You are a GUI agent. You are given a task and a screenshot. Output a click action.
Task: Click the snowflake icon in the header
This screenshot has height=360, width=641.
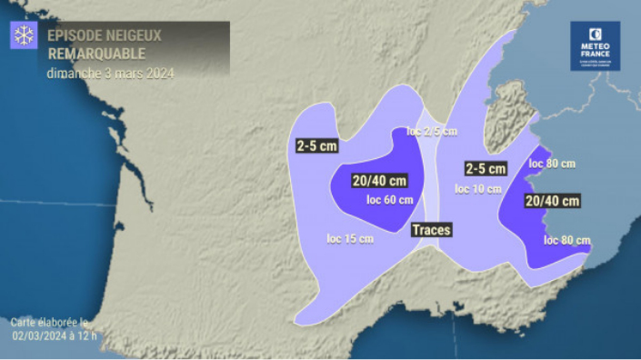tap(24, 36)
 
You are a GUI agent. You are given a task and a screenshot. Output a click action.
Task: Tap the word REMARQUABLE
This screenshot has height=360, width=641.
tap(96, 54)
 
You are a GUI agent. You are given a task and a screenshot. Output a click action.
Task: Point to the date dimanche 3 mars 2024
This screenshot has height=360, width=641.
tap(109, 73)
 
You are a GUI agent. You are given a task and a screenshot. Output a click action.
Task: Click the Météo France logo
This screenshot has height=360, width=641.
tap(595, 46)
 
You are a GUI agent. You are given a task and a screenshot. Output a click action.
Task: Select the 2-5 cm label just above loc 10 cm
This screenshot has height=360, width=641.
tap(485, 169)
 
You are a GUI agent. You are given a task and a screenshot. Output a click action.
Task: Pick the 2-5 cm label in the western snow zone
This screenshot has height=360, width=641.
tap(316, 145)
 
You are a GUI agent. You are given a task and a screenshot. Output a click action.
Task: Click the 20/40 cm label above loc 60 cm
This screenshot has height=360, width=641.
tap(380, 180)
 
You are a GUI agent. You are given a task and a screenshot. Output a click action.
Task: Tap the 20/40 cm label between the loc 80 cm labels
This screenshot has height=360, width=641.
tap(551, 201)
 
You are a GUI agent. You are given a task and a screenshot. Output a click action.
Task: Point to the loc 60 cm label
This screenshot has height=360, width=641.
tap(389, 200)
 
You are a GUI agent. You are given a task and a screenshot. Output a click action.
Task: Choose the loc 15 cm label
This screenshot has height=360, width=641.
tap(350, 239)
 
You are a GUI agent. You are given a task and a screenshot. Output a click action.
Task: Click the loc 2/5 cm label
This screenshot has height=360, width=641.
tap(432, 132)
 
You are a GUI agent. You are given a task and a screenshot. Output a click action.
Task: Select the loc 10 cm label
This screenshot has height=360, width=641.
tap(478, 189)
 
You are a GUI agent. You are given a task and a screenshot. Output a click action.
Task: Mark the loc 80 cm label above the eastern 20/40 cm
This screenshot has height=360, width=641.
tap(552, 164)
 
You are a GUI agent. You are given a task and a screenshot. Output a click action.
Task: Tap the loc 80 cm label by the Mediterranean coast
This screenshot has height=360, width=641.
tap(567, 240)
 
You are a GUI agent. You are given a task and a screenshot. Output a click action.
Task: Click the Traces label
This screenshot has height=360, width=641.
tap(431, 230)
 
